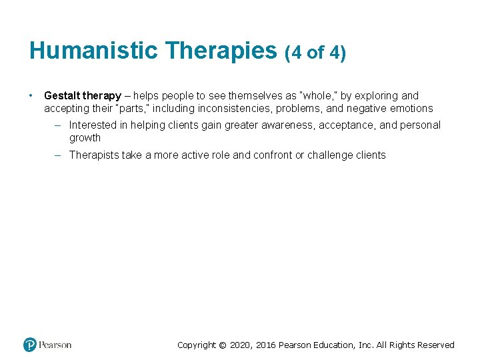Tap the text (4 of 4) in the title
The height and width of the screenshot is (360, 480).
315,52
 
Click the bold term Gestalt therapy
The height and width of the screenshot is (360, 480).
83,96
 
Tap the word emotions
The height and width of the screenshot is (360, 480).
411,109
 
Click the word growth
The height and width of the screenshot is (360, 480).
85,138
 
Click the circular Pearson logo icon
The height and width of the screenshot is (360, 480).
30,345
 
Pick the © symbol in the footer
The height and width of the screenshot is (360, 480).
223,345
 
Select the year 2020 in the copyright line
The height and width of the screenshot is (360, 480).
241,345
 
